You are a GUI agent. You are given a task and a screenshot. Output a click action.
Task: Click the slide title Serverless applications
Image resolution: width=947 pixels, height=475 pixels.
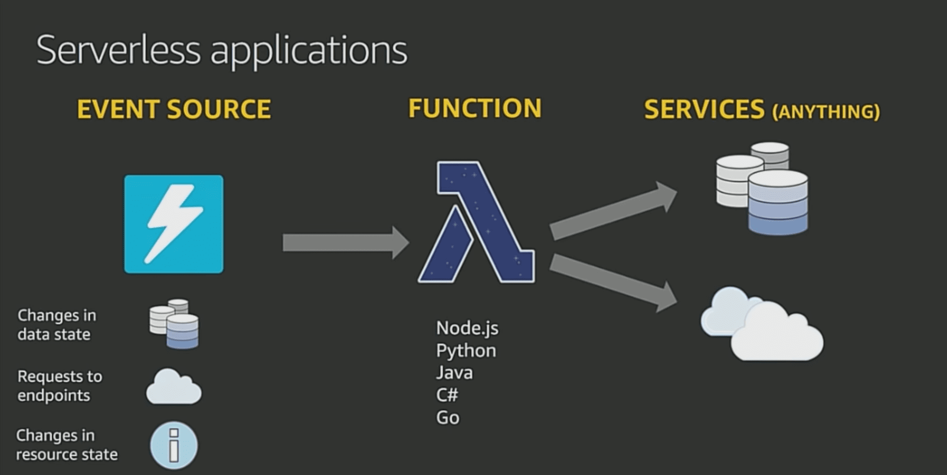pyautogui.click(x=222, y=50)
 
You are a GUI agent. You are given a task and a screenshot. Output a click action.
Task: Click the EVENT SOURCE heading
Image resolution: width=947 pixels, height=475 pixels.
pyautogui.click(x=174, y=109)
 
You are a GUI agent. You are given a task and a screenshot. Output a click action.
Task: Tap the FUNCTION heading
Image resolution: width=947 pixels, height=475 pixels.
pyautogui.click(x=475, y=109)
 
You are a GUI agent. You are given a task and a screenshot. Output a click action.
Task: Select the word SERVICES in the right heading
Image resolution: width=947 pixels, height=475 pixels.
pyautogui.click(x=704, y=110)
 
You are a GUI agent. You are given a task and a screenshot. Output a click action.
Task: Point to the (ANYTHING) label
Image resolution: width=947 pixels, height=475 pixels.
pyautogui.click(x=826, y=112)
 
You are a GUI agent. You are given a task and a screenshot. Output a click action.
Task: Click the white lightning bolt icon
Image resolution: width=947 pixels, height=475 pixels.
pyautogui.click(x=174, y=224)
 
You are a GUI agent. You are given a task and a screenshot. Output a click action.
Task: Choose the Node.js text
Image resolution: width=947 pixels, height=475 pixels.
pyautogui.click(x=467, y=328)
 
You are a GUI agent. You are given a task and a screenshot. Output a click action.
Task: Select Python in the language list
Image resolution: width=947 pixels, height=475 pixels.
pyautogui.click(x=466, y=351)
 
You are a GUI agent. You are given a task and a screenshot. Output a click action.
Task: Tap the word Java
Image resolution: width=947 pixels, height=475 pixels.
pyautogui.click(x=454, y=373)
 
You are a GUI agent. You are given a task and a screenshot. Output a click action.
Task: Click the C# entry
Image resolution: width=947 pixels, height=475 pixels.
pyautogui.click(x=447, y=395)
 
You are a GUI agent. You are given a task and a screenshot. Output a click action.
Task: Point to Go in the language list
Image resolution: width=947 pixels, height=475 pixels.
pyautogui.click(x=447, y=418)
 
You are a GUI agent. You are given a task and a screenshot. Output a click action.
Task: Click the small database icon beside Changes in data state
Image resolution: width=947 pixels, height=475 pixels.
pyautogui.click(x=174, y=324)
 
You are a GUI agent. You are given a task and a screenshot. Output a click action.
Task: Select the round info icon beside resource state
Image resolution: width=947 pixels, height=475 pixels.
pyautogui.click(x=174, y=445)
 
